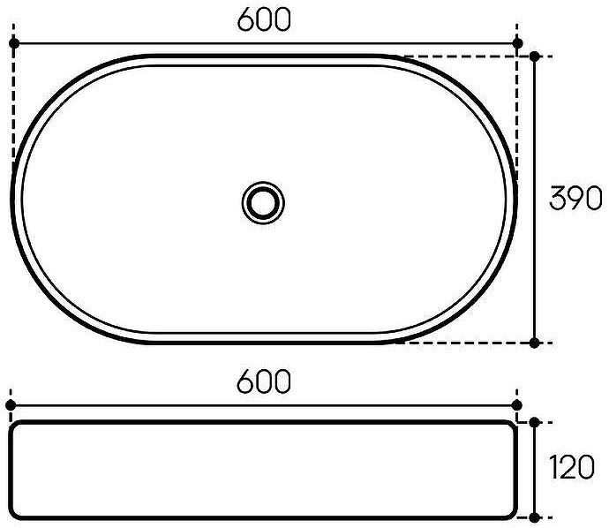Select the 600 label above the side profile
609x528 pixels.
(264, 382)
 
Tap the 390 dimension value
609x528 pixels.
(575, 200)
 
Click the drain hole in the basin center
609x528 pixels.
(263, 200)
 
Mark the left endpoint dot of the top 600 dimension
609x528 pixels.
(13, 42)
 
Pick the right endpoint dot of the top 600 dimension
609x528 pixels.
(517, 42)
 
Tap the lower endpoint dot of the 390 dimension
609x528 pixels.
(535, 342)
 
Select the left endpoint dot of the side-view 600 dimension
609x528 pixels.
(11, 404)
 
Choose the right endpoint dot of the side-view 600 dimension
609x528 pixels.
(517, 404)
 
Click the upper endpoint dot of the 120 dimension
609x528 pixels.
(535, 423)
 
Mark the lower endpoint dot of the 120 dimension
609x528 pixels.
(535, 516)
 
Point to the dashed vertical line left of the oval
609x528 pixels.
(13, 106)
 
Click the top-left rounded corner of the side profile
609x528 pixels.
(16, 427)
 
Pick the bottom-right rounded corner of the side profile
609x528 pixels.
(511, 513)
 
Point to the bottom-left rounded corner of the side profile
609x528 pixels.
(16, 513)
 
